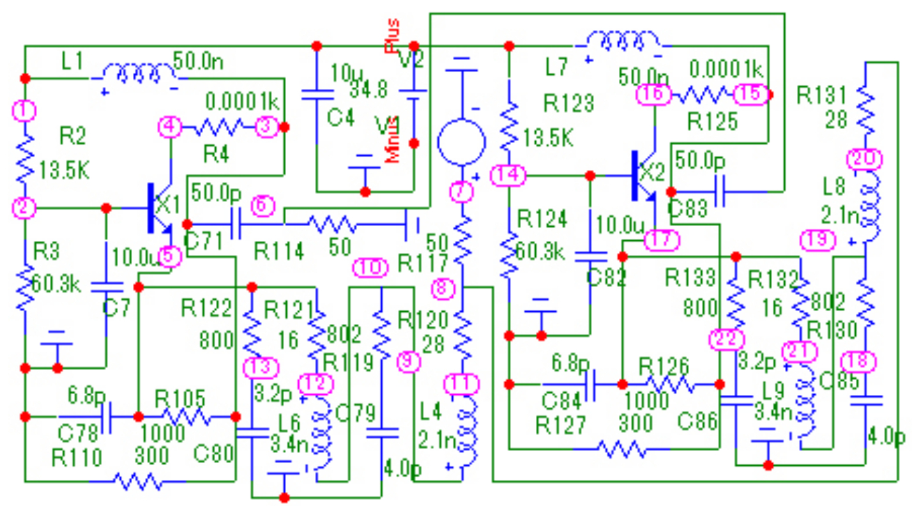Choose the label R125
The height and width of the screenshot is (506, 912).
click(x=713, y=120)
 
